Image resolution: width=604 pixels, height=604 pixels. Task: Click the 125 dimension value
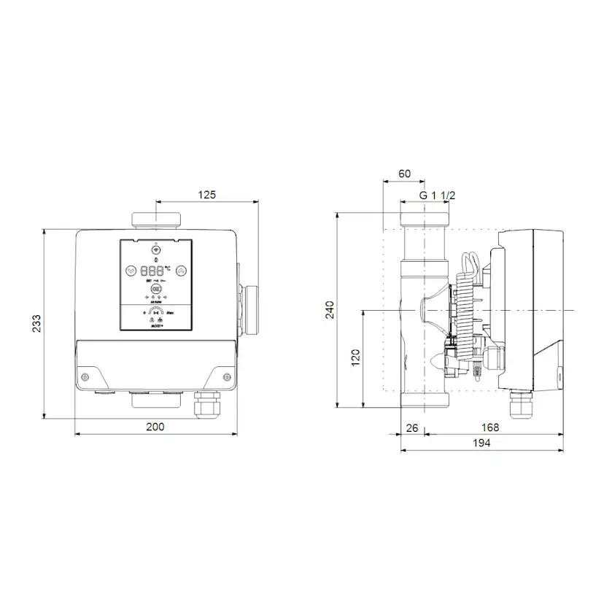click(208, 195)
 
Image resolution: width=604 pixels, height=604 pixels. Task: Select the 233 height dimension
click(36, 325)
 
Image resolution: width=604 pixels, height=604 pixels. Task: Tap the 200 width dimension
click(155, 427)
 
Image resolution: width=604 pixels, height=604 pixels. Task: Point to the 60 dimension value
click(405, 174)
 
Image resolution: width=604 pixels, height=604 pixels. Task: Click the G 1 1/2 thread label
click(438, 195)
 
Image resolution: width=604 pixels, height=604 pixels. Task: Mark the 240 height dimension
click(330, 309)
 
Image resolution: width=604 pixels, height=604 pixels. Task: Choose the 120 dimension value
click(355, 358)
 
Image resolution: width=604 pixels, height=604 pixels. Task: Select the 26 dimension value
click(411, 427)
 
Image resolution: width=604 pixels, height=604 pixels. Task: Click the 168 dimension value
click(489, 427)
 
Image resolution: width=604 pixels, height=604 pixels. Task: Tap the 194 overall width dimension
click(481, 443)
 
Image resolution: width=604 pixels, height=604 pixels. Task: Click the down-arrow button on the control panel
click(131, 269)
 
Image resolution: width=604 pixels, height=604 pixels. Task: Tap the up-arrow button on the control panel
click(181, 269)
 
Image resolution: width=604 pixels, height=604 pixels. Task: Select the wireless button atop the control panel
click(155, 249)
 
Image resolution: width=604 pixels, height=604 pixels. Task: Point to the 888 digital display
click(154, 269)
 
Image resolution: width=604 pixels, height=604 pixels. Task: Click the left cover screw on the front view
click(85, 377)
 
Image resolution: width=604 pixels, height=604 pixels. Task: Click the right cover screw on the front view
click(226, 377)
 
